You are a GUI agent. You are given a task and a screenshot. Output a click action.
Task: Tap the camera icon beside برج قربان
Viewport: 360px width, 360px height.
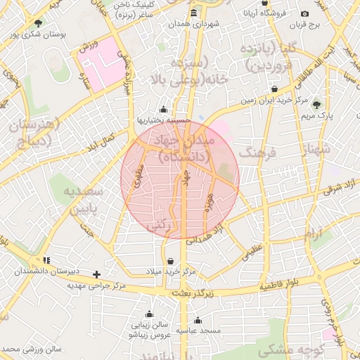(304, 13)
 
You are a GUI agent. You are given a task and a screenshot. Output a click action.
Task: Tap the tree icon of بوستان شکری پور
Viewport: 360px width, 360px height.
(37, 23)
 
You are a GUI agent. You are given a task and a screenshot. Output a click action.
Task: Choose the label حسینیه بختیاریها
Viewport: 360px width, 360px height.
(164, 120)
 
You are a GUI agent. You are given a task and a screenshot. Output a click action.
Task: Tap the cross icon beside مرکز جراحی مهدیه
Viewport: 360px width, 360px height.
(96, 274)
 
